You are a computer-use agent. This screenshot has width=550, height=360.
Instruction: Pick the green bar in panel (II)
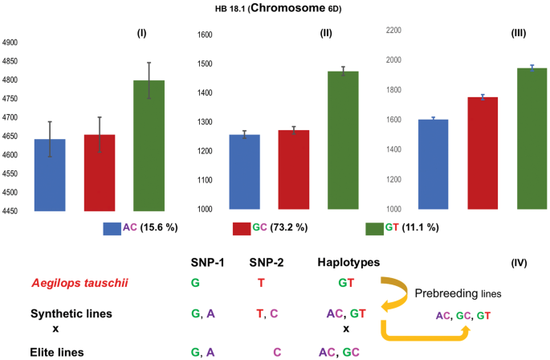(343, 140)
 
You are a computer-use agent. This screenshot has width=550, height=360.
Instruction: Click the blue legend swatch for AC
(112, 228)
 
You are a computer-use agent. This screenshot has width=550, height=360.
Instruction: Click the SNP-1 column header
(209, 263)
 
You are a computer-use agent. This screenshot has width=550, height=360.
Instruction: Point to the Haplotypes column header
(348, 263)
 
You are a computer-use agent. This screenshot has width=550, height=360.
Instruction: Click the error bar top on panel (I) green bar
(149, 63)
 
